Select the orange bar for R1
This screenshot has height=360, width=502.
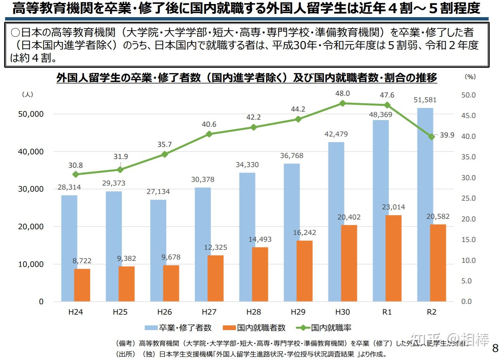(x=393, y=258)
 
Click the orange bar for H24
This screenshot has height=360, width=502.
(x=82, y=285)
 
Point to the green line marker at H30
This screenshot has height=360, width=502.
(x=343, y=104)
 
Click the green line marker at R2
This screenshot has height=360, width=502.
(x=432, y=137)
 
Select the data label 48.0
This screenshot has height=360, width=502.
(x=343, y=94)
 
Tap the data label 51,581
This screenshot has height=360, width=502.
(x=425, y=100)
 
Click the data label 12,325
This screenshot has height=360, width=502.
(x=216, y=247)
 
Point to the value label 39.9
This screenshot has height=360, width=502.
(x=447, y=135)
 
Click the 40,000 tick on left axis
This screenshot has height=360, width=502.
(x=31, y=152)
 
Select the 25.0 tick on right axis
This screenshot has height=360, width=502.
(x=468, y=198)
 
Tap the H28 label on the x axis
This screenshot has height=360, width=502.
(x=253, y=312)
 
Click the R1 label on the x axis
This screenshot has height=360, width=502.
(x=387, y=312)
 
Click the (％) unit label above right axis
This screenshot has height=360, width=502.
(x=470, y=77)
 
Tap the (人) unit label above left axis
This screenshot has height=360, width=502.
(x=28, y=94)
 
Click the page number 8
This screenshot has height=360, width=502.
(x=495, y=348)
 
